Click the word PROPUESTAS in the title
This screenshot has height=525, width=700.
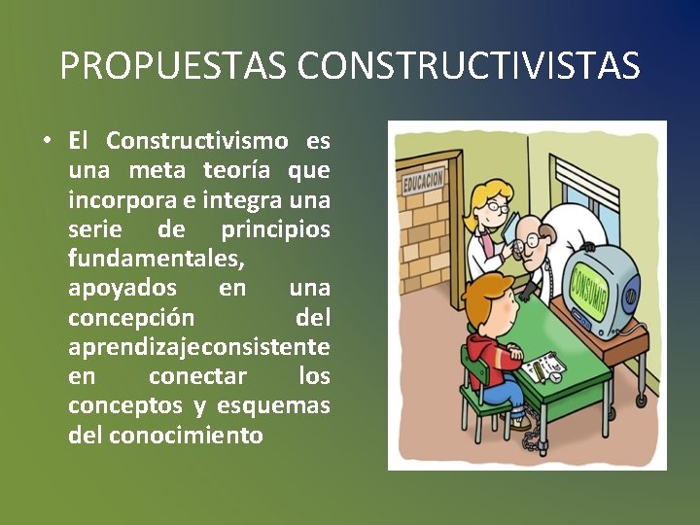(173, 66)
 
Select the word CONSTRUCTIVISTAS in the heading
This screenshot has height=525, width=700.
(469, 66)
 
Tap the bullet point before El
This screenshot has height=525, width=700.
(47, 140)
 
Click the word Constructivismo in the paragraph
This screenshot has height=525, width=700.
(197, 141)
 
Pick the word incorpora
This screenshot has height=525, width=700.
(116, 200)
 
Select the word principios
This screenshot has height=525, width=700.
(275, 229)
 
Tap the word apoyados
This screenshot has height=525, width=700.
(122, 288)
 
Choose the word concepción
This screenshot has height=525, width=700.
(131, 317)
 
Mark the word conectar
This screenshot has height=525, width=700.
(197, 375)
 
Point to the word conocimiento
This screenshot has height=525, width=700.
(186, 434)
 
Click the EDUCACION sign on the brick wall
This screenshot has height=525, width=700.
(424, 180)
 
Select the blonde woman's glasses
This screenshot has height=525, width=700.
(497, 206)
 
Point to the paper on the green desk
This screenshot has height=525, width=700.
(542, 367)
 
